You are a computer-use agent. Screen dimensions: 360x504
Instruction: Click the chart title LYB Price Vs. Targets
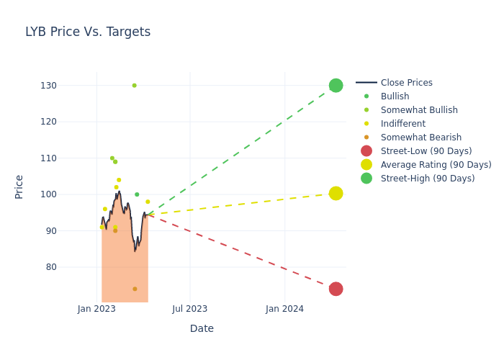(88, 32)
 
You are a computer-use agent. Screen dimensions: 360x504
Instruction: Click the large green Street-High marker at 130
(336, 86)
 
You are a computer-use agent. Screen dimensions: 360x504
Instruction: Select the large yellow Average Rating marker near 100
(336, 193)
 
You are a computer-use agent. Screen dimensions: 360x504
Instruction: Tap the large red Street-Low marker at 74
(336, 289)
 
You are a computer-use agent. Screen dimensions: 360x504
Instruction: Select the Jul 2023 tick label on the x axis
(190, 309)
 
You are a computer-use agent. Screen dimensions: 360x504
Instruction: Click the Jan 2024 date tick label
(284, 309)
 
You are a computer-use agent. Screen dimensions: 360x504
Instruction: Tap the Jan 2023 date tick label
(97, 309)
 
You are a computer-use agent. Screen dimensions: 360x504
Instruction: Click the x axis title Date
(202, 328)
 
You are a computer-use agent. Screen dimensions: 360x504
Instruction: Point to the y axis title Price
(19, 186)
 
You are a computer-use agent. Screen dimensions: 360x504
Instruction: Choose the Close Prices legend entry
(406, 83)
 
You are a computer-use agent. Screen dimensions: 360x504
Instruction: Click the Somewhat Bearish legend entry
(420, 138)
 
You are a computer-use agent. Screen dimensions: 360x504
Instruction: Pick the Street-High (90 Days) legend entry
(427, 179)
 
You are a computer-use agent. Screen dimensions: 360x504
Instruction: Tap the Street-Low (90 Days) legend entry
(426, 151)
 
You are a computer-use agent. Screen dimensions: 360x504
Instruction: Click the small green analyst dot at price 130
(134, 86)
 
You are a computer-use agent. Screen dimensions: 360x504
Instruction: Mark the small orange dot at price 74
(135, 289)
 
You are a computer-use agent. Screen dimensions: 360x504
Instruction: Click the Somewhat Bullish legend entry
(418, 110)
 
